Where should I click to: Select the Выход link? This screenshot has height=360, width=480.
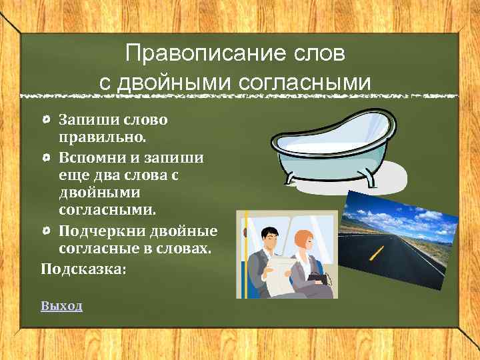tap(61, 306)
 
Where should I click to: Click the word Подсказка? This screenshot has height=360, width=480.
tap(83, 269)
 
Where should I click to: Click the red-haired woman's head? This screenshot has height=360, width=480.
tap(304, 241)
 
